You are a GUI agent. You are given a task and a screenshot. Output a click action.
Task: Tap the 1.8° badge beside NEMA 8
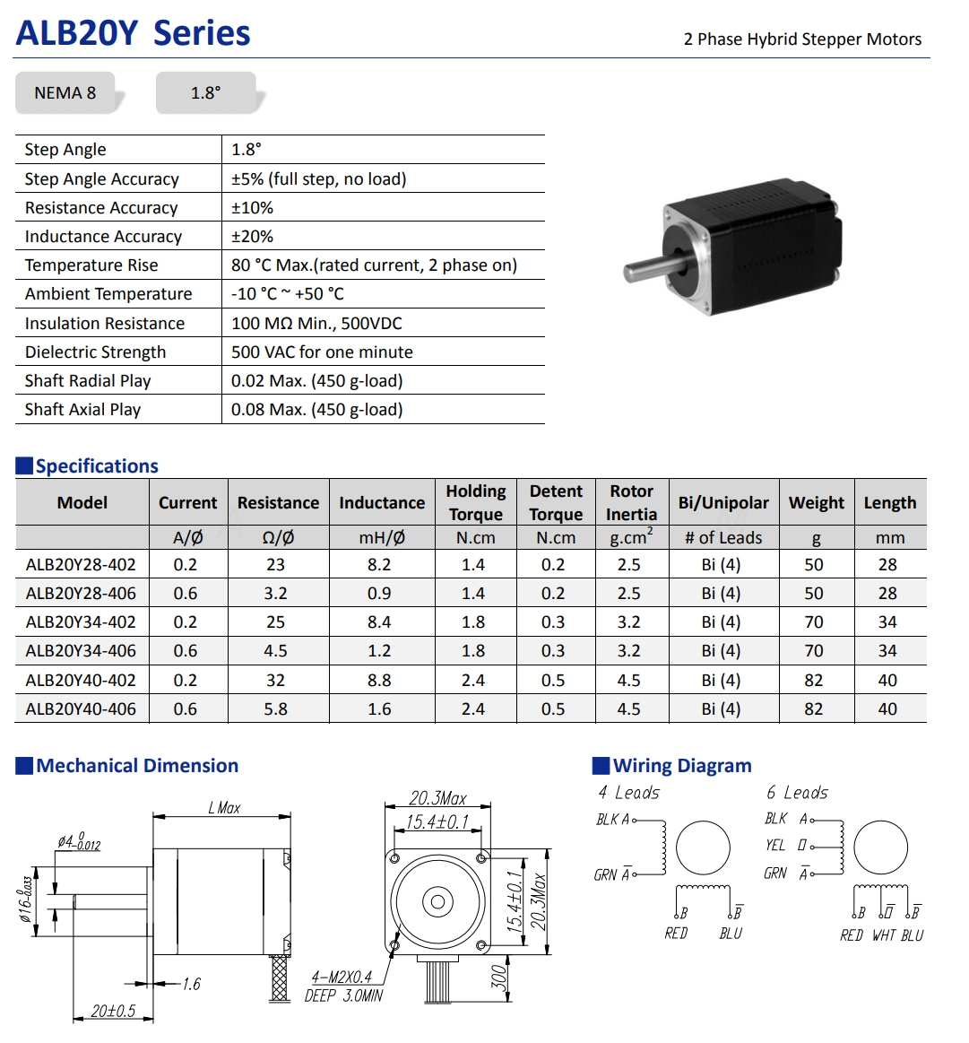click(x=205, y=93)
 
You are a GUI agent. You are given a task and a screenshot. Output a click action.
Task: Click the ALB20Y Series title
click(x=133, y=33)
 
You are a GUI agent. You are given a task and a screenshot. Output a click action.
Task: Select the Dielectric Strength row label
click(x=95, y=352)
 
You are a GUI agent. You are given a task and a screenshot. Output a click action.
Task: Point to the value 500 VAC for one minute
click(x=322, y=352)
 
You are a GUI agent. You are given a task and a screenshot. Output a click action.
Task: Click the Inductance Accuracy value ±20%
click(x=252, y=237)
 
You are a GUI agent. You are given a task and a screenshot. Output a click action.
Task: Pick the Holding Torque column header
click(x=475, y=502)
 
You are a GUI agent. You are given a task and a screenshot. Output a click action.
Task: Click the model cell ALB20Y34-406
click(x=81, y=651)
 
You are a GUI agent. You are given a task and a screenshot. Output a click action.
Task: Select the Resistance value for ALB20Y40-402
click(x=275, y=681)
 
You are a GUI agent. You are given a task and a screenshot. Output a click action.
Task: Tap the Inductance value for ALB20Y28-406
click(x=379, y=594)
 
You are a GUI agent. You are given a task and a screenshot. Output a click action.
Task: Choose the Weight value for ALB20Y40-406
click(x=813, y=709)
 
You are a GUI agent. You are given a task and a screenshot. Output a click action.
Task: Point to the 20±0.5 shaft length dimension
click(x=113, y=1011)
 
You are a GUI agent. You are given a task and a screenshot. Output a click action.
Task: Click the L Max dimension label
click(x=224, y=808)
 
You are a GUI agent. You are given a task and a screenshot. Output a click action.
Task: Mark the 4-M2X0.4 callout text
click(x=342, y=978)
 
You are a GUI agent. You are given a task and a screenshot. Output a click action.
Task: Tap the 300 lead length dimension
click(x=500, y=977)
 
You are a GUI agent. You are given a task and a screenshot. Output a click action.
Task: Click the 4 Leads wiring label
click(x=628, y=793)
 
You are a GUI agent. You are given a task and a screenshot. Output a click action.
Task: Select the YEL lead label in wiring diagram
click(x=775, y=846)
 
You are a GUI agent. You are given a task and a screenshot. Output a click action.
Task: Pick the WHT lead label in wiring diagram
click(x=883, y=935)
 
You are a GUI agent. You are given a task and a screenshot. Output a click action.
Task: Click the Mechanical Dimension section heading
click(x=137, y=766)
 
